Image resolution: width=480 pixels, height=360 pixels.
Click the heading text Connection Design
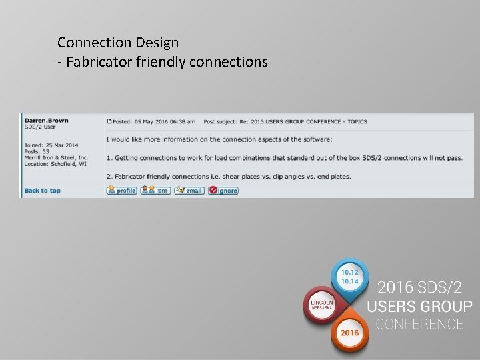pos(118,43)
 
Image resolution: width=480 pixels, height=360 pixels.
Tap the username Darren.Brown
pos(47,121)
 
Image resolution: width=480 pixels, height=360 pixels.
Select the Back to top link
pos(42,191)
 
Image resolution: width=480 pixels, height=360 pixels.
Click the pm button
pos(155,191)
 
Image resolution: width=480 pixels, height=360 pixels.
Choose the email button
pos(189,191)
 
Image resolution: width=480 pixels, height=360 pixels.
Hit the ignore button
pos(223,191)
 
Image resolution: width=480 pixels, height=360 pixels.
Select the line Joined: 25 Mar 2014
pos(51,145)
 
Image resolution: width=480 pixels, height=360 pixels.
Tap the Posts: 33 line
pos(37,151)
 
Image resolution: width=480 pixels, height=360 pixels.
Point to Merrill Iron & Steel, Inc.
pos(56,157)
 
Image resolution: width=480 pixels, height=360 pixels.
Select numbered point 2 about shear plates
pos(228,177)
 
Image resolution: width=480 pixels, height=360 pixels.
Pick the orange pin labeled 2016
pos(349,332)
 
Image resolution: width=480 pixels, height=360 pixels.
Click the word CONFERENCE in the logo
pos(419,325)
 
